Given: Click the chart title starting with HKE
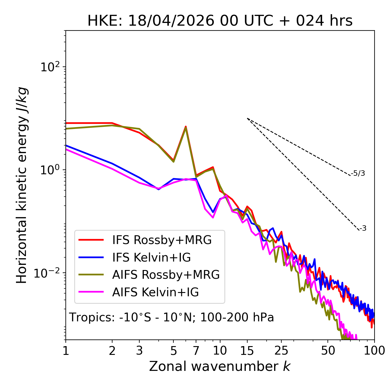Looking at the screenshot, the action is pyautogui.click(x=220, y=21).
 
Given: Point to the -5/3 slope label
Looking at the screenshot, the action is pyautogui.click(x=358, y=173).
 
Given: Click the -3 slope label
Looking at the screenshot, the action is pyautogui.click(x=363, y=228).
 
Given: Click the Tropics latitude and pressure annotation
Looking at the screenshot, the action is pyautogui.click(x=171, y=317).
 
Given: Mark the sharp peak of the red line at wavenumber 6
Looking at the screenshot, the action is pyautogui.click(x=186, y=127).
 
